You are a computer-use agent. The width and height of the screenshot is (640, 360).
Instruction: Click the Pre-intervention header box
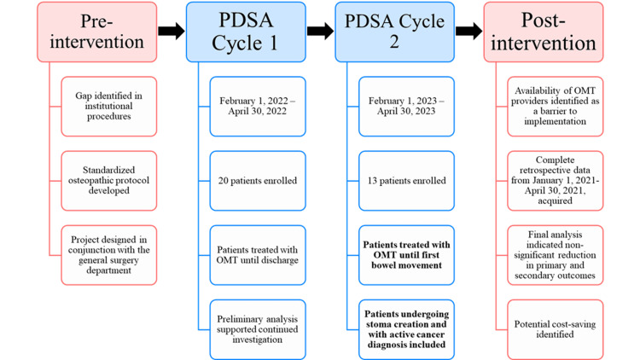96,32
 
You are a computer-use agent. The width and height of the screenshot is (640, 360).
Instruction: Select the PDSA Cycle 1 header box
246,32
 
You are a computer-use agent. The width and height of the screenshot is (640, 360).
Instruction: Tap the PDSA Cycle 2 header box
395,32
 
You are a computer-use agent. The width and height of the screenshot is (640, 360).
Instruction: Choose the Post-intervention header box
544,32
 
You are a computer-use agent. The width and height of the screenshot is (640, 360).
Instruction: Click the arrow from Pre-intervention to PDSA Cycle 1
172,31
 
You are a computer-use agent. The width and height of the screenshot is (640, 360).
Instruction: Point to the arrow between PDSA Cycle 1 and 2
320,31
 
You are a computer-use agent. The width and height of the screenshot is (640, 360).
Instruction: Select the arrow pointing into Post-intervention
469,31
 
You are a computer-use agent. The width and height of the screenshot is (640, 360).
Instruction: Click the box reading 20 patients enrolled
258,181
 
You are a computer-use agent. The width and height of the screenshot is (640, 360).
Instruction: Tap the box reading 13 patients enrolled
406,181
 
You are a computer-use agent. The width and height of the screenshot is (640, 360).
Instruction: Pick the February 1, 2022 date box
258,106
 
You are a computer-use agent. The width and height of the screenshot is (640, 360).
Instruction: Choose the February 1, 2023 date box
406,106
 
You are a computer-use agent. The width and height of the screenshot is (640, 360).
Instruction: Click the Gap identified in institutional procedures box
109,106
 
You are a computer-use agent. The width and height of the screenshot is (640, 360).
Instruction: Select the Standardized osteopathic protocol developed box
109,181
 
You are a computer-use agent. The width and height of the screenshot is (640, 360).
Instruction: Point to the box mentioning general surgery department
109,255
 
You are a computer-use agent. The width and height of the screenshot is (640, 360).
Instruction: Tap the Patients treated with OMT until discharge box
258,255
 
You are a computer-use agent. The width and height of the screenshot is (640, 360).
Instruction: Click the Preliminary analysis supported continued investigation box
258,329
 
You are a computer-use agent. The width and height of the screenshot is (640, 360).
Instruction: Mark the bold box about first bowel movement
406,255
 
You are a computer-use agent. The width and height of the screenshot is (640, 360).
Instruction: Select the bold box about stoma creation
406,329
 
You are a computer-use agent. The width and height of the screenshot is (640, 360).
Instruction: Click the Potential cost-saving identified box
556,329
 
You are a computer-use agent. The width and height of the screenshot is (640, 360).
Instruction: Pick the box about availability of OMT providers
556,106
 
